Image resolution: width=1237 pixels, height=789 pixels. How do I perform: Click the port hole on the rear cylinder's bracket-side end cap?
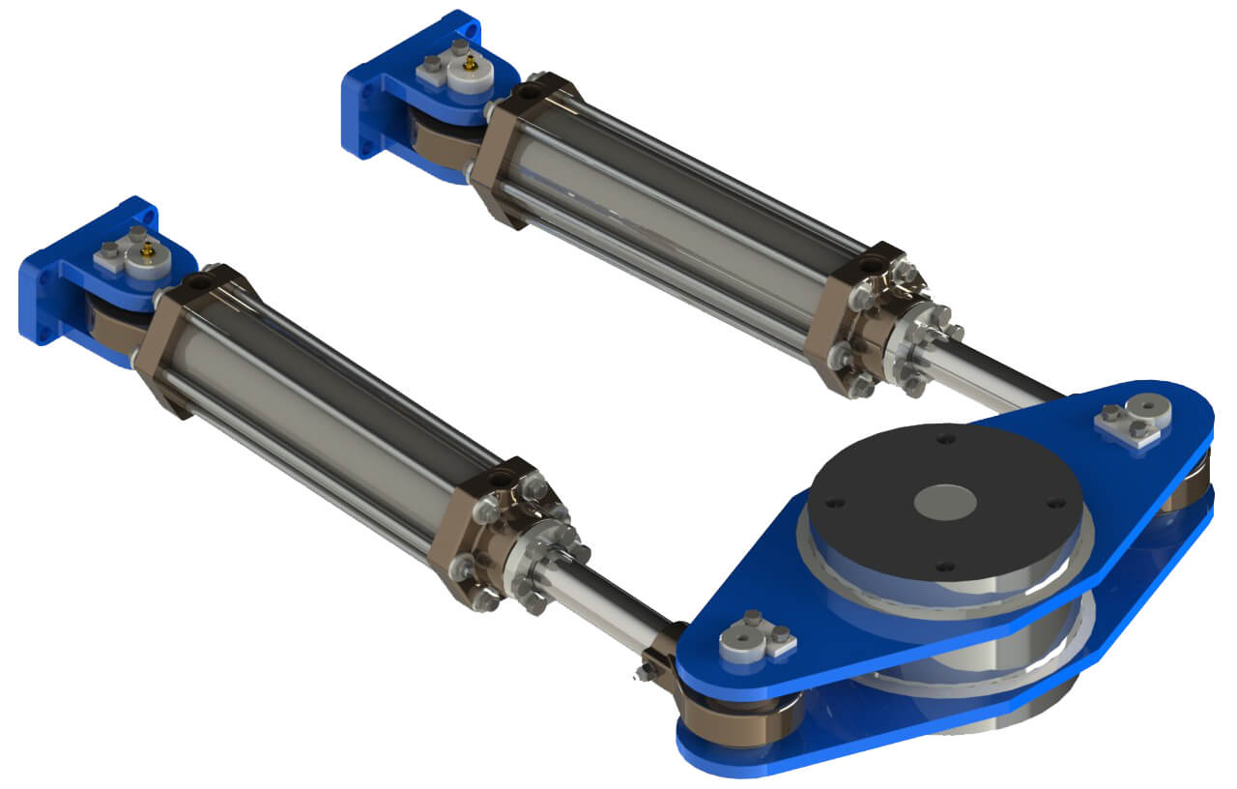pos(528,94)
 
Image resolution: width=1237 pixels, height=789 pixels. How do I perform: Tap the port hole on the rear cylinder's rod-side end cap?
pos(871,262)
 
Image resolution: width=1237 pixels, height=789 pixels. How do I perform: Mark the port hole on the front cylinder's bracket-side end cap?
pos(202,281)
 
